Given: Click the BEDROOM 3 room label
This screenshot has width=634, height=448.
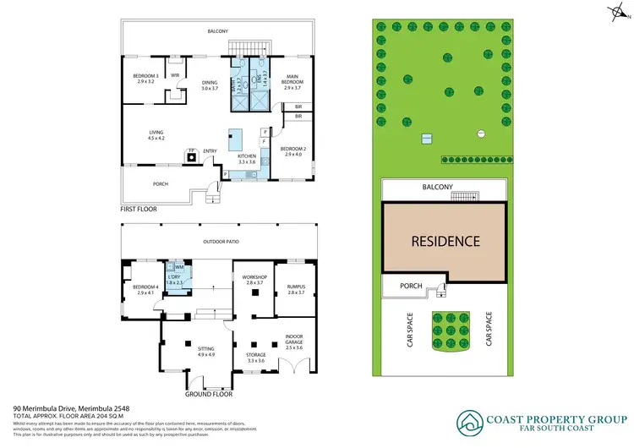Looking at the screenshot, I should click(x=145, y=77).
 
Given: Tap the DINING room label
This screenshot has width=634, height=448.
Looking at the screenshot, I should click(x=210, y=83).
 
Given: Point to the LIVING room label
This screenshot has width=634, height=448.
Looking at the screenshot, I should click(x=156, y=133).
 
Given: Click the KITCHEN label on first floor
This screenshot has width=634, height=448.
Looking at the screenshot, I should click(x=246, y=158).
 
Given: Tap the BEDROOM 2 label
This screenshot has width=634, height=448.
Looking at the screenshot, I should click(x=292, y=150).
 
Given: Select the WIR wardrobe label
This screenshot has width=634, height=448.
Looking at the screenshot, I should click(x=175, y=75).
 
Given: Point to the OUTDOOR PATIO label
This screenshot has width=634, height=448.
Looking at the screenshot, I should click(x=220, y=242).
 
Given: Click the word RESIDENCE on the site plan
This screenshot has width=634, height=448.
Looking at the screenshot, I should click(x=445, y=241).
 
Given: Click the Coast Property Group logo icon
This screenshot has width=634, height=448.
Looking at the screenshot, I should click(x=469, y=421).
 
